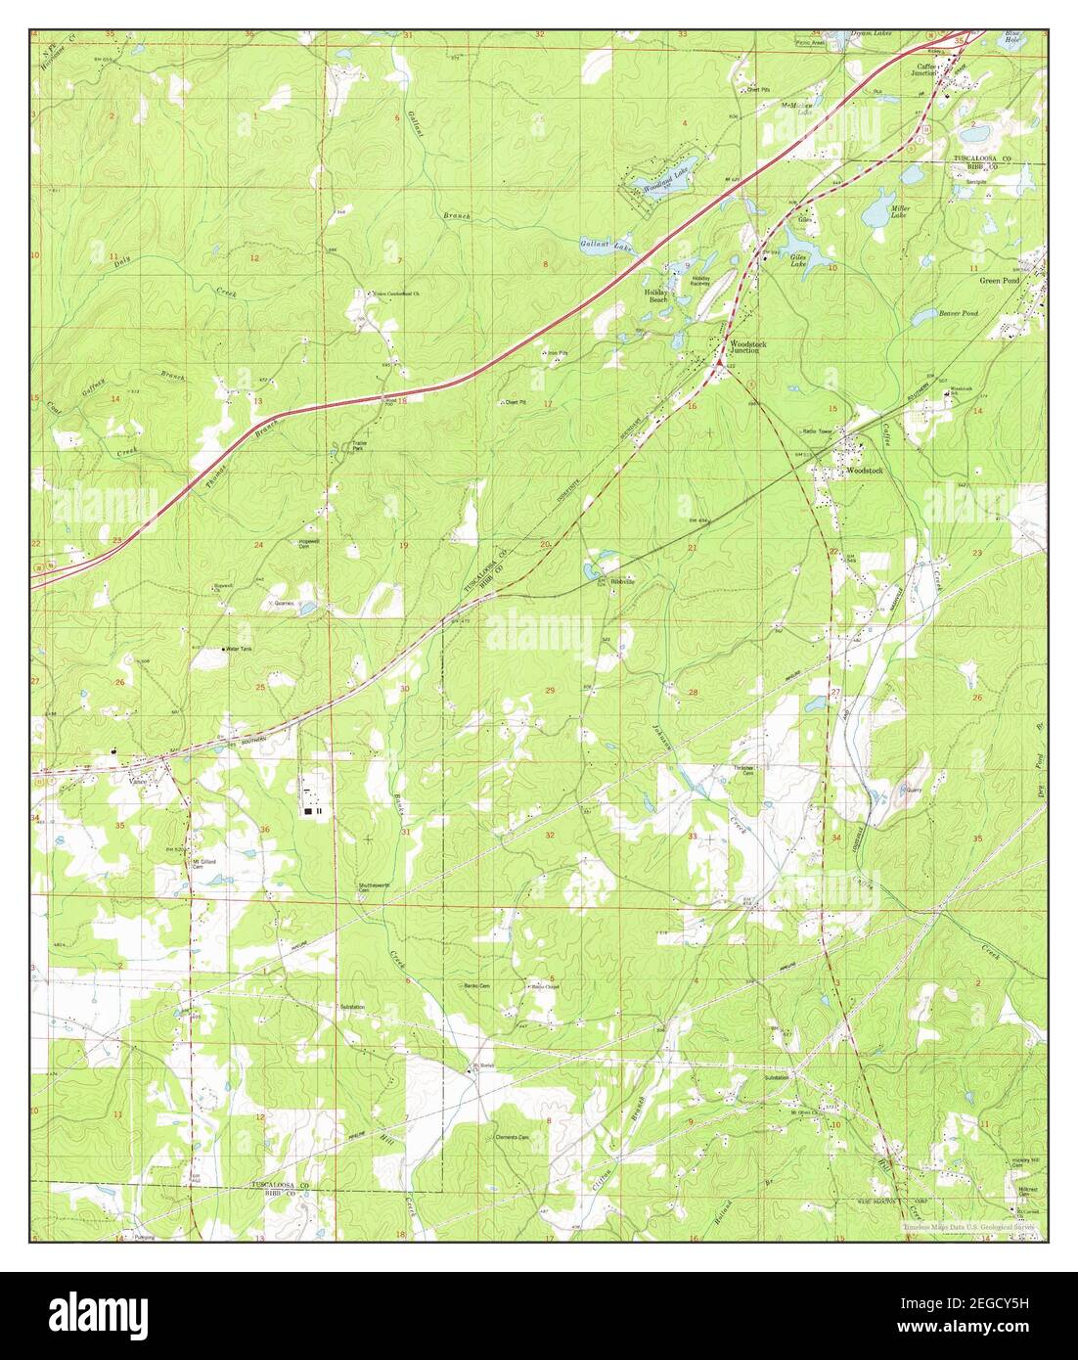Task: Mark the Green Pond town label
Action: tap(999, 280)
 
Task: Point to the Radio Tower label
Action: tap(816, 431)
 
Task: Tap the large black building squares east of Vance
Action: tap(311, 810)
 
